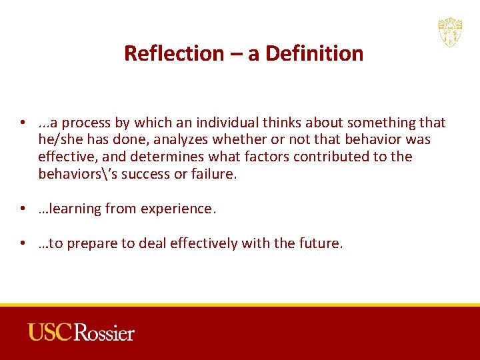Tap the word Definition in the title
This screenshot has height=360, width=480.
[x=315, y=53]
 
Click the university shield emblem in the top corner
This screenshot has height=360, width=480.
[x=450, y=32]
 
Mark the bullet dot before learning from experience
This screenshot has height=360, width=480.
[x=23, y=209]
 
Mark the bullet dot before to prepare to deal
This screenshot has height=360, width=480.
[x=23, y=244]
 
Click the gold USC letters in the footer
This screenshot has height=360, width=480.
[x=49, y=332]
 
